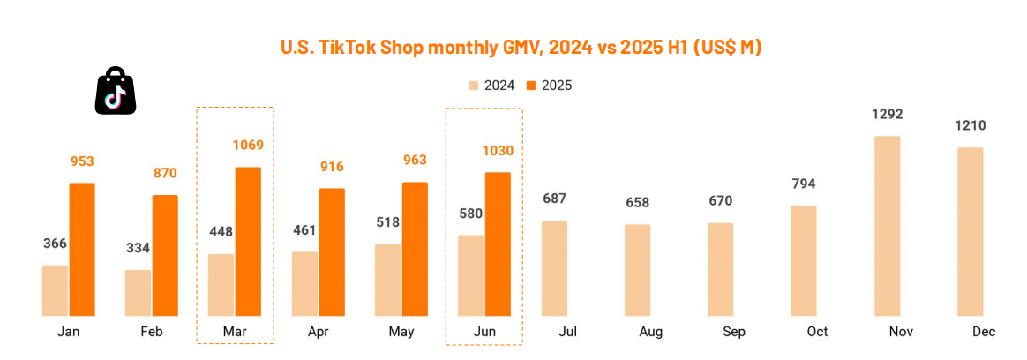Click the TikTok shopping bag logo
[116, 90]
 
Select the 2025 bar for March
[248, 241]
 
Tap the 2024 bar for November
[887, 226]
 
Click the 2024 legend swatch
[474, 86]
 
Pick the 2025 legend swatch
[531, 86]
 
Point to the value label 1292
[887, 115]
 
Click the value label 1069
[248, 146]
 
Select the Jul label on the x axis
[568, 332]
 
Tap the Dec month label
[984, 332]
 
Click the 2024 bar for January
[55, 290]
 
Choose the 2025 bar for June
[498, 244]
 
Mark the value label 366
[55, 244]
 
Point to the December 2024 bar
[971, 231]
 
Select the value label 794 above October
[803, 184]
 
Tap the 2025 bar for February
[165, 255]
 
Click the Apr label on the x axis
[318, 332]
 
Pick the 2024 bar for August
[638, 270]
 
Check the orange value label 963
[415, 161]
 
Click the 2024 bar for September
[720, 269]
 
